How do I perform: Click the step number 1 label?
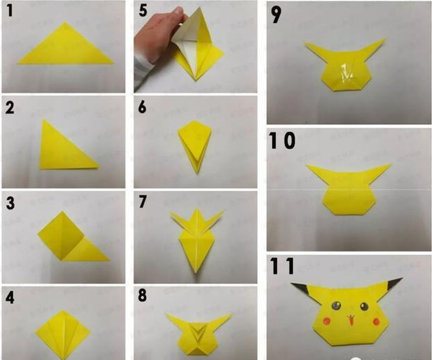click(9, 11)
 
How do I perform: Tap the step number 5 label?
click(143, 11)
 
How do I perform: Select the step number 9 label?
click(276, 15)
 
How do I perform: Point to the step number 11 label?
click(282, 266)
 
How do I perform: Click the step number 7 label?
click(143, 202)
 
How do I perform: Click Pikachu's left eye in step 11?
click(336, 305)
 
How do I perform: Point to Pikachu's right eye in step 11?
click(364, 306)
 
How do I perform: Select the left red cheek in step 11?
click(326, 320)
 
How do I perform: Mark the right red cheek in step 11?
click(376, 321)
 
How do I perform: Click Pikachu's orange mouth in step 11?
click(351, 320)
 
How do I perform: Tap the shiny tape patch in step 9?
click(346, 73)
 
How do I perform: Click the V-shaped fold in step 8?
click(199, 331)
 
